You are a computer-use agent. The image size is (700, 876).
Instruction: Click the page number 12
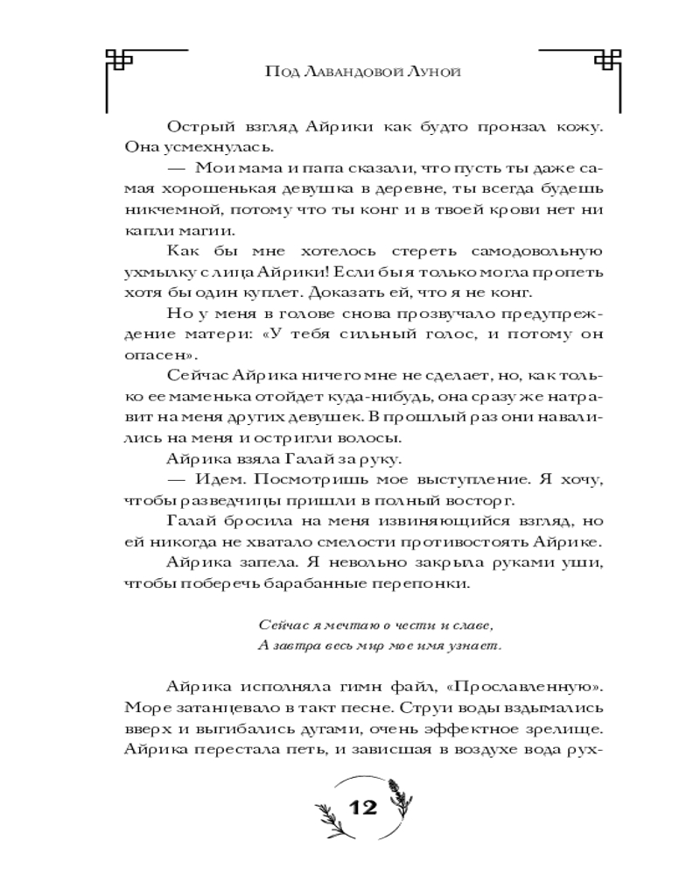pos(361,806)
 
